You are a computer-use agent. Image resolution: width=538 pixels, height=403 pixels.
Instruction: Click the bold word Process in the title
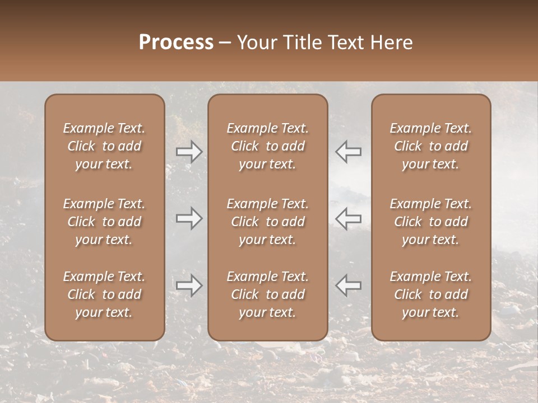click(x=176, y=43)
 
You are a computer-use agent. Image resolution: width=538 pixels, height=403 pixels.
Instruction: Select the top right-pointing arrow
click(x=189, y=151)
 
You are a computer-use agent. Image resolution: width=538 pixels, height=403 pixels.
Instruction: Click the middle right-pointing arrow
click(x=189, y=218)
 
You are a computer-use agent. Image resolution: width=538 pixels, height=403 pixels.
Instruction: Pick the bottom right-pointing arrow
click(x=189, y=285)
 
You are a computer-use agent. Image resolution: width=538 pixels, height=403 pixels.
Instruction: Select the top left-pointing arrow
click(x=348, y=151)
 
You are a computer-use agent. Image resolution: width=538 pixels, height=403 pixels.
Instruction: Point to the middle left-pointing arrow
click(x=348, y=218)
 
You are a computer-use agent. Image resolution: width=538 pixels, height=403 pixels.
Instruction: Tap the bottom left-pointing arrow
click(x=348, y=285)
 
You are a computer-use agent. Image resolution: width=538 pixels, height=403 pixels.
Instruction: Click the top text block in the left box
click(x=104, y=146)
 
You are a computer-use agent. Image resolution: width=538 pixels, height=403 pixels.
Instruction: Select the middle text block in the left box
click(x=104, y=222)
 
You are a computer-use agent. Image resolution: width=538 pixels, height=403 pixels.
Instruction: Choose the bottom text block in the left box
click(x=104, y=294)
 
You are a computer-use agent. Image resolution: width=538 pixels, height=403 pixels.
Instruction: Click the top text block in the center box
click(x=267, y=146)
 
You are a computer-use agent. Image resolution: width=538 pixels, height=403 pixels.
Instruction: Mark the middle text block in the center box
click(x=267, y=222)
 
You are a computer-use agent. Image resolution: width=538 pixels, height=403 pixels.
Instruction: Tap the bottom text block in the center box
click(x=267, y=294)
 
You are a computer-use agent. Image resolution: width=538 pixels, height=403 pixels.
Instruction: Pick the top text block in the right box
click(x=430, y=146)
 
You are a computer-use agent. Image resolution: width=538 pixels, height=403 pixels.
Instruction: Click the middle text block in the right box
click(x=430, y=222)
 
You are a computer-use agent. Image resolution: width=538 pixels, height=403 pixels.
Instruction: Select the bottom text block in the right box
click(x=430, y=294)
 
